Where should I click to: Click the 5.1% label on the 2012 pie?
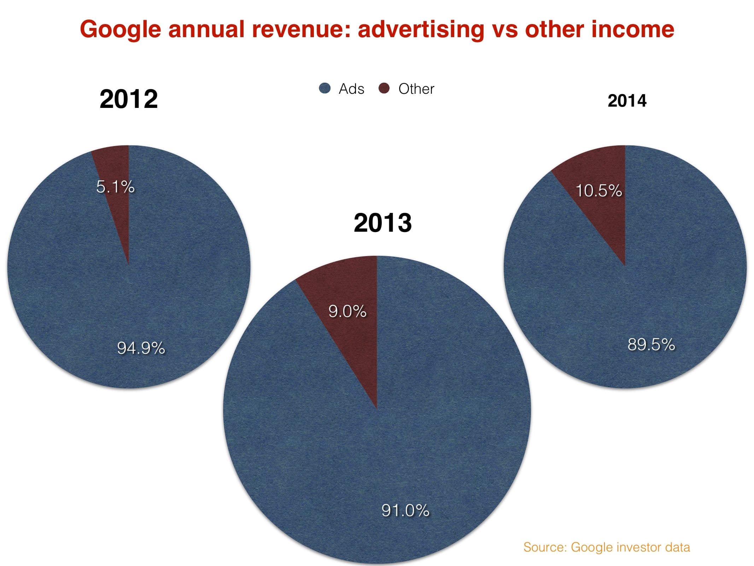click(x=115, y=187)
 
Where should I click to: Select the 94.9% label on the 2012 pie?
click(x=141, y=348)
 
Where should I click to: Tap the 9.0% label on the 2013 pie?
click(x=347, y=311)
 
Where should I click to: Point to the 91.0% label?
click(x=405, y=510)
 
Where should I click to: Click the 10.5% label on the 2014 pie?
click(x=599, y=191)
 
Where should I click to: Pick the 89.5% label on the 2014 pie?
click(x=651, y=345)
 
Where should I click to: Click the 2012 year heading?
click(x=129, y=99)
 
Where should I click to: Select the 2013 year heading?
click(x=382, y=223)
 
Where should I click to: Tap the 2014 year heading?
click(x=627, y=101)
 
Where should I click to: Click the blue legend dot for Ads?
click(x=325, y=88)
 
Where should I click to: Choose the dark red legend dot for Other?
click(x=384, y=88)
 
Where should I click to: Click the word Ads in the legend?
click(x=351, y=89)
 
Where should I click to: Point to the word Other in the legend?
click(x=416, y=89)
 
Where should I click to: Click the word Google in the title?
click(x=120, y=30)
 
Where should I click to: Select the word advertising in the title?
click(x=421, y=30)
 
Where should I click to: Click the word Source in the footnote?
click(x=545, y=547)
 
